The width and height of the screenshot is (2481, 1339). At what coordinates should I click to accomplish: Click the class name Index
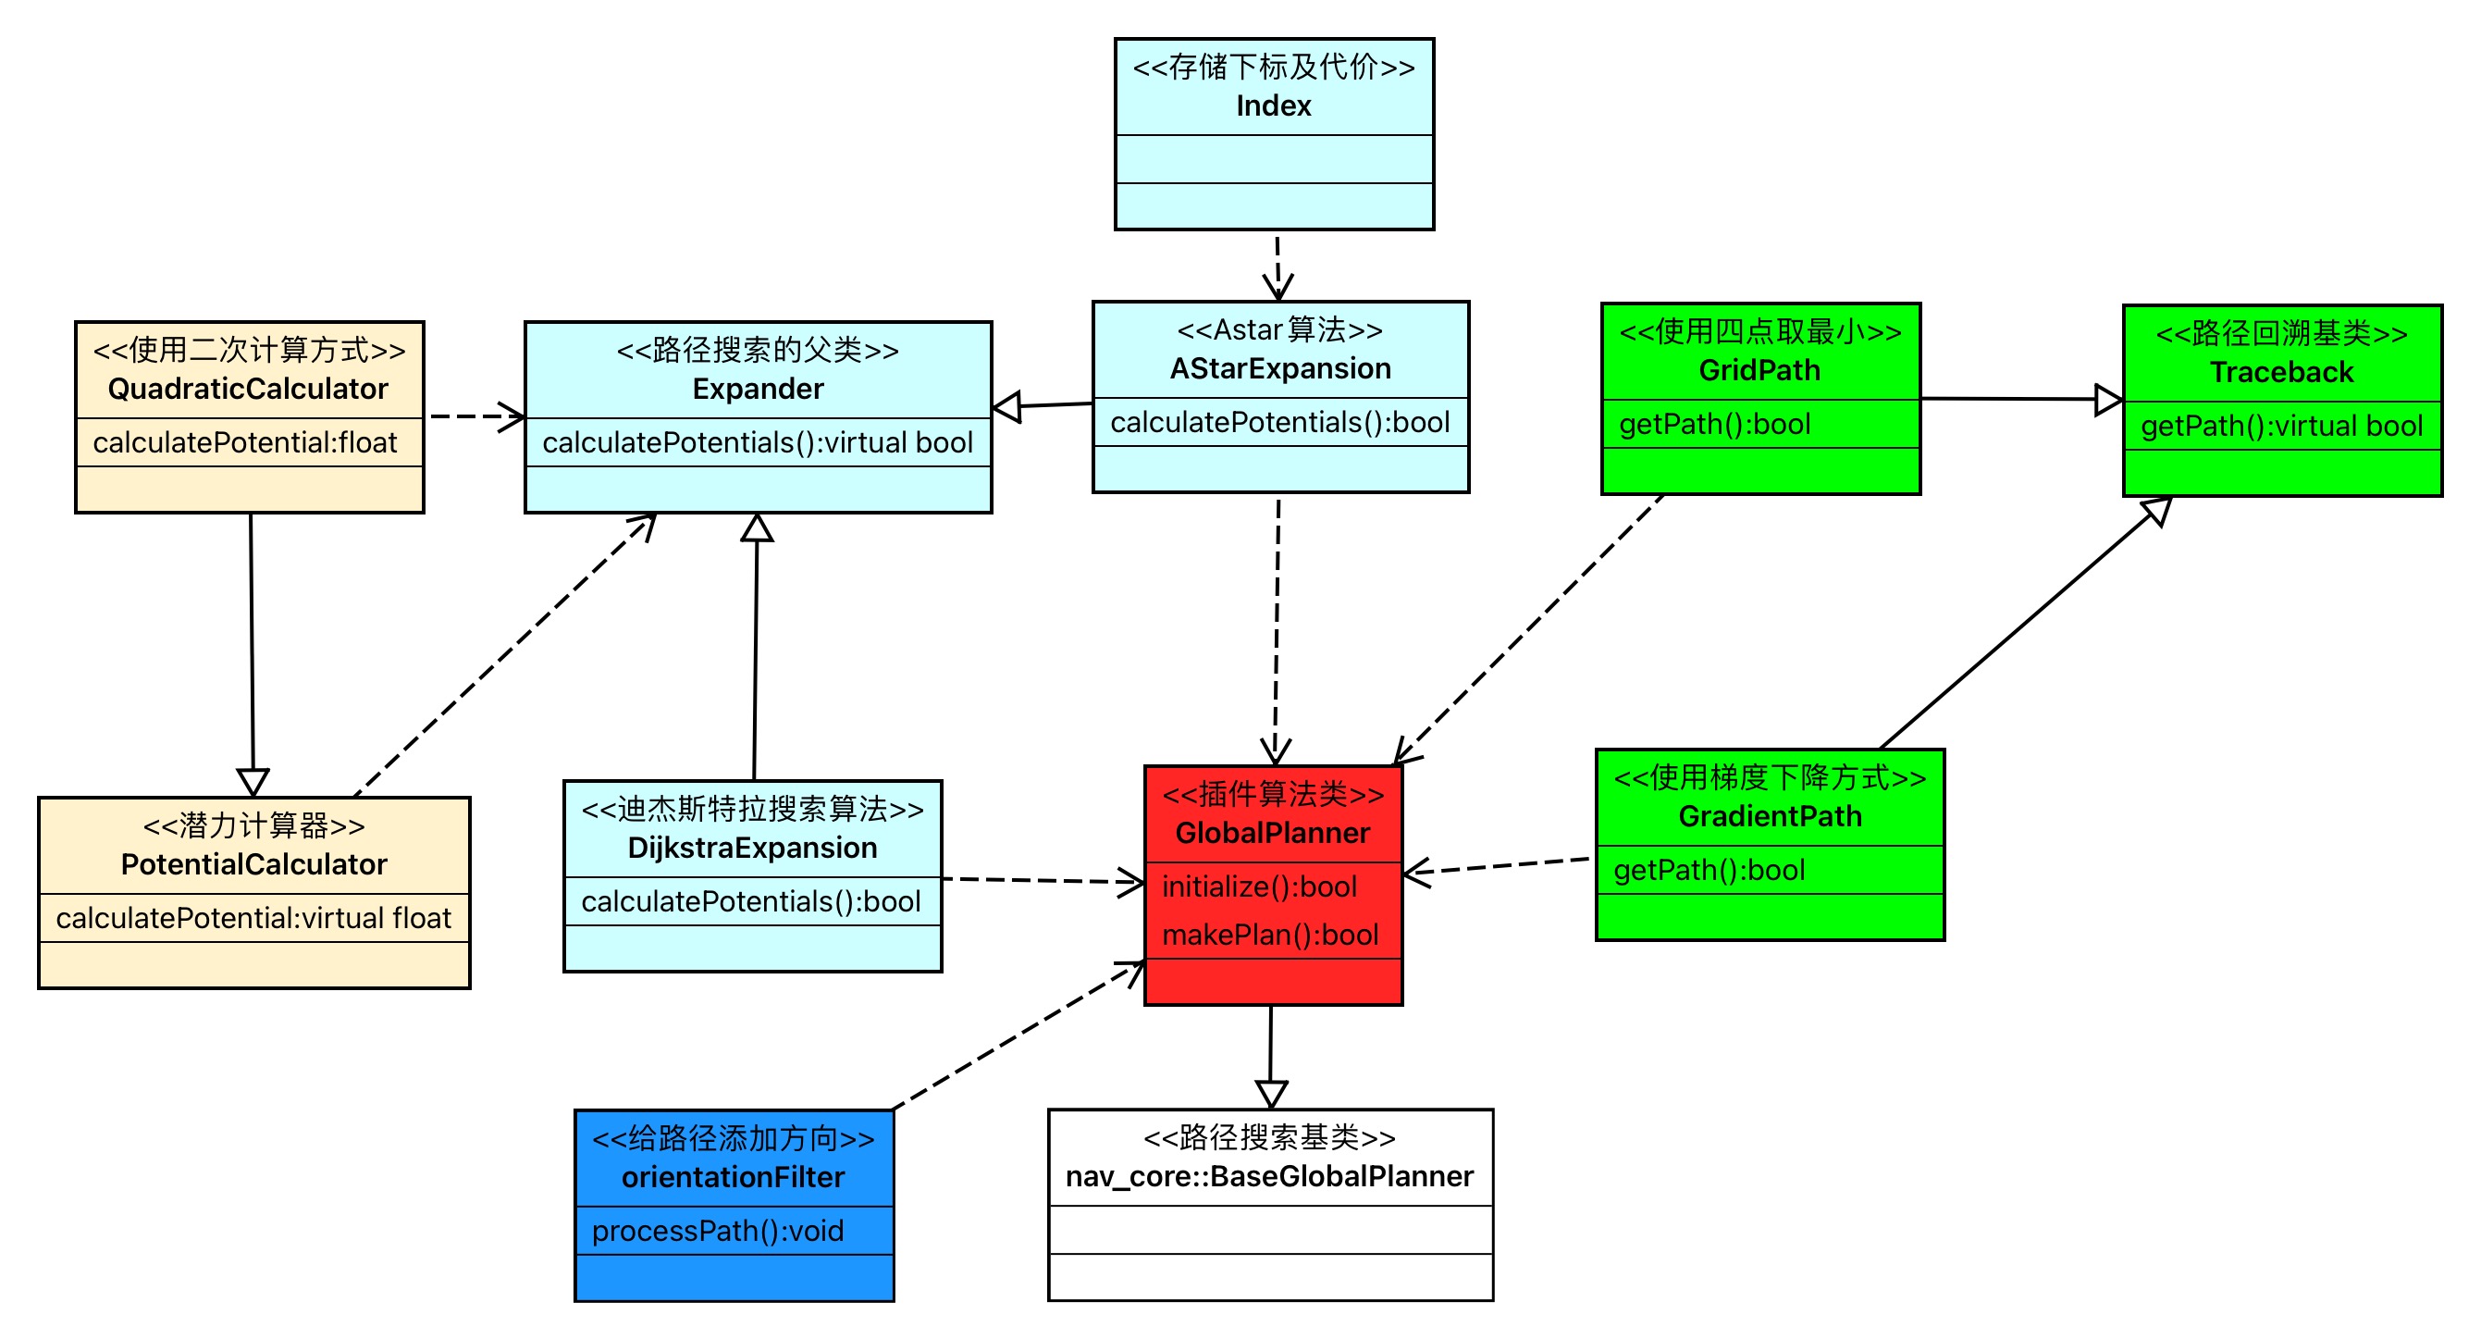pyautogui.click(x=1273, y=106)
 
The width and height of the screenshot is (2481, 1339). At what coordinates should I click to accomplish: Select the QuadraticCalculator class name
pyautogui.click(x=248, y=390)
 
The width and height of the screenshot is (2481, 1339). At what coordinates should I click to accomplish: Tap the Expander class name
pyautogui.click(x=758, y=390)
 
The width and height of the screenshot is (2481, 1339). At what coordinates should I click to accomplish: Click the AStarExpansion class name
pyautogui.click(x=1280, y=369)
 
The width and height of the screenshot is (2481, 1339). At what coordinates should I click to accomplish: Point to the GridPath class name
pyautogui.click(x=1759, y=371)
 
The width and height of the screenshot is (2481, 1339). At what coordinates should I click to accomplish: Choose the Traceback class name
pyautogui.click(x=2281, y=373)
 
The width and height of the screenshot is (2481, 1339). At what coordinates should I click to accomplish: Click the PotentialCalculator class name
pyautogui.click(x=253, y=865)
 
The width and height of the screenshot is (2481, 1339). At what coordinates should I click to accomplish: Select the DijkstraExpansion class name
pyautogui.click(x=752, y=849)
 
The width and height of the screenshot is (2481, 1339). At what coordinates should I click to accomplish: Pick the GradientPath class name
pyautogui.click(x=1771, y=817)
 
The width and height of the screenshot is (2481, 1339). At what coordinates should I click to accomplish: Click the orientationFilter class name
pyautogui.click(x=733, y=1178)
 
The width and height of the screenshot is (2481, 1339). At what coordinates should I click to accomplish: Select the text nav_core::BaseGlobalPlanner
pyautogui.click(x=1269, y=1177)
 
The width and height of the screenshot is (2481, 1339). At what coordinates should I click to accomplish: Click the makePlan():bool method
pyautogui.click(x=1270, y=936)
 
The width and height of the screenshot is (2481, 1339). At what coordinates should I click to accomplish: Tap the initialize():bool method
pyautogui.click(x=1259, y=887)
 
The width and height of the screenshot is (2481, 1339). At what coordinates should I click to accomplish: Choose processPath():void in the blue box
pyautogui.click(x=718, y=1232)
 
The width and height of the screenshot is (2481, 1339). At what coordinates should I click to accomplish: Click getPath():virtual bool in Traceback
pyautogui.click(x=2281, y=427)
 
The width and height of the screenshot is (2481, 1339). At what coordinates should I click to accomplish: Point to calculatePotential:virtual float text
pyautogui.click(x=253, y=919)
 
